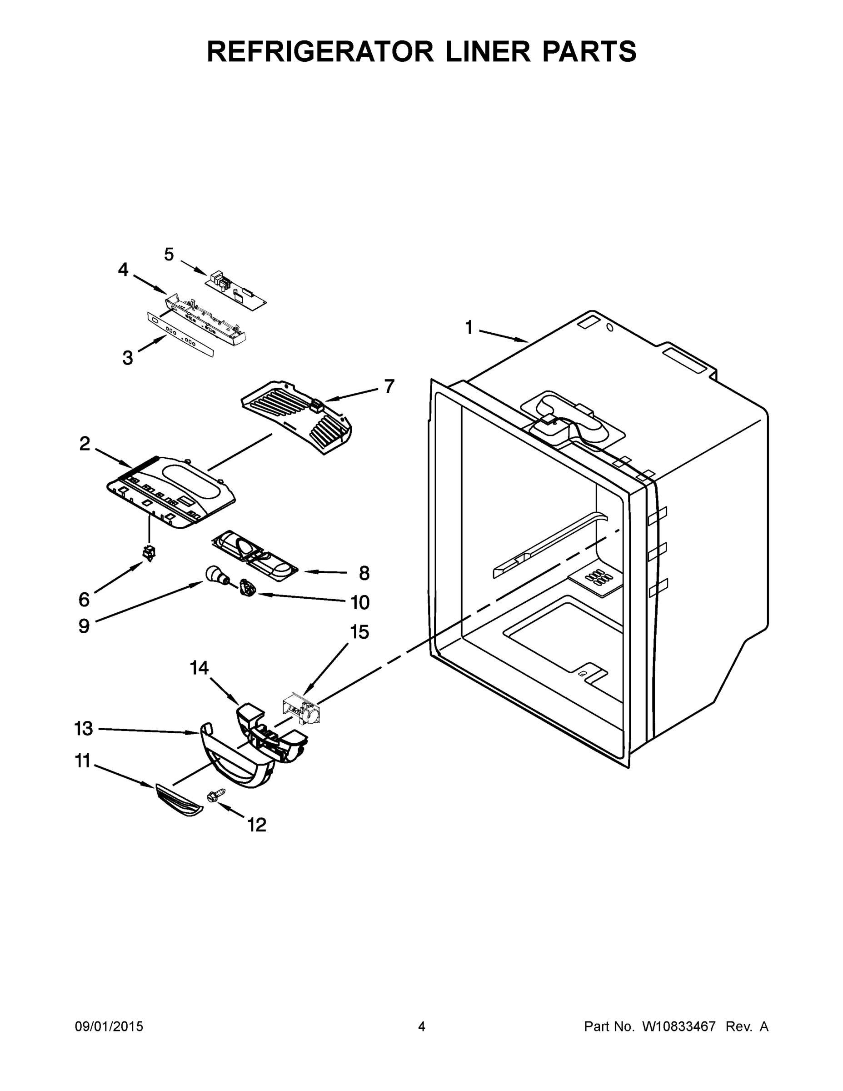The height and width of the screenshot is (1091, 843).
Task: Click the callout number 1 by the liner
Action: tap(469, 328)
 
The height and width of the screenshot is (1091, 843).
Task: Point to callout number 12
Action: tap(257, 825)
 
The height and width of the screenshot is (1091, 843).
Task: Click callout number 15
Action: tap(359, 632)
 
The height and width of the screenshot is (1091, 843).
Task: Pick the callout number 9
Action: tap(84, 626)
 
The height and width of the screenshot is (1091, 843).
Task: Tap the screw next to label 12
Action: tap(215, 795)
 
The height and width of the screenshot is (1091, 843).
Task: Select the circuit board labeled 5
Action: tap(236, 289)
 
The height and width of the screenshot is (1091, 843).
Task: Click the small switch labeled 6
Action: tap(149, 552)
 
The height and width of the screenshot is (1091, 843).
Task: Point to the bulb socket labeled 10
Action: tap(247, 587)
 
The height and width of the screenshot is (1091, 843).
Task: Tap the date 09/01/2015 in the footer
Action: tap(109, 1026)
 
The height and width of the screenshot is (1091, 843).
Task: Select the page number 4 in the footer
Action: tap(422, 1026)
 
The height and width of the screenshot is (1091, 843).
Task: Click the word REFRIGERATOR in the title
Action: tap(319, 52)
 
